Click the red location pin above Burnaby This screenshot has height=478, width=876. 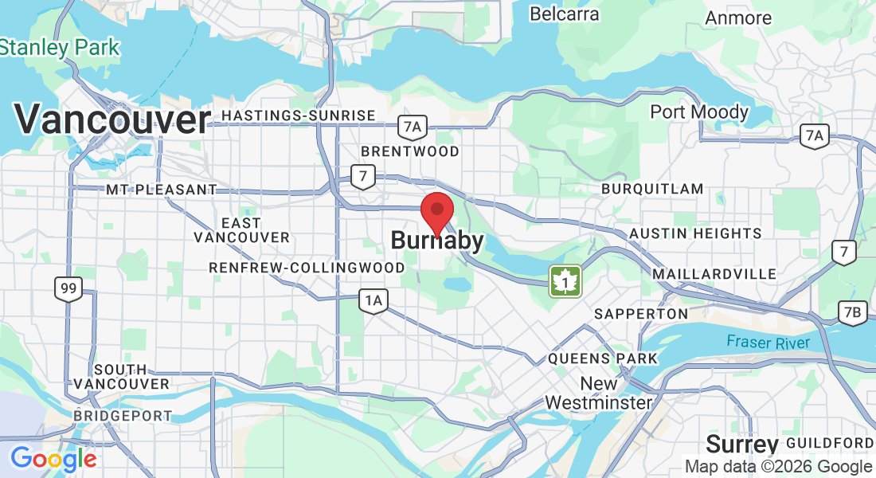pos(436,210)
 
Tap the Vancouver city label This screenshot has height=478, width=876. pos(112,120)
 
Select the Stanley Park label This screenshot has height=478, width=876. pos(60,47)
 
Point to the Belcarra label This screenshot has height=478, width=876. pos(564,14)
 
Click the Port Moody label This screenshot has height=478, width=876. pos(699,112)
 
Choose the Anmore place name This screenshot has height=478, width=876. pos(738,18)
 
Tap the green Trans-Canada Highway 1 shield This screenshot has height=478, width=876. pos(565,281)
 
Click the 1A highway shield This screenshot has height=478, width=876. pos(373,300)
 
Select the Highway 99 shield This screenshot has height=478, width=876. pos(68,288)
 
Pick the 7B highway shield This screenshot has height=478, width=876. pos(852,313)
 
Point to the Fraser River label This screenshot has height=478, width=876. pos(768,343)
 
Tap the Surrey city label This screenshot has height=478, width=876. pos(742,444)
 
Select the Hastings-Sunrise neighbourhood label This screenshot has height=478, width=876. pos(298,116)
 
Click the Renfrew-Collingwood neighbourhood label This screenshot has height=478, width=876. pos(307,268)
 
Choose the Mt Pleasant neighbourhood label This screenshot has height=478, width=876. pos(161,190)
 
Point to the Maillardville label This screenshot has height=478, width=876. pos(714,274)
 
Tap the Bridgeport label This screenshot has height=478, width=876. pos(123,416)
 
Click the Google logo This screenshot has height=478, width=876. pos(53,459)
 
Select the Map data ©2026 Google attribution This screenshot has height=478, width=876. pos(778,467)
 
